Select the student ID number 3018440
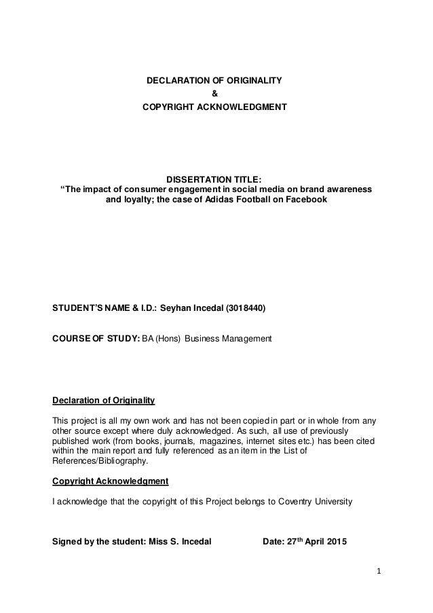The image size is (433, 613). point(245,308)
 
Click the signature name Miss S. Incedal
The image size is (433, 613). point(183,542)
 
